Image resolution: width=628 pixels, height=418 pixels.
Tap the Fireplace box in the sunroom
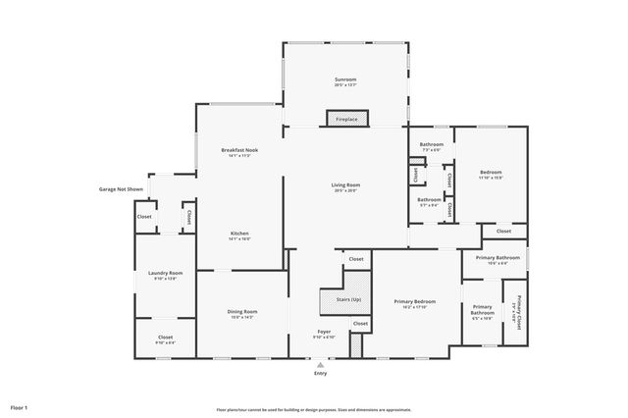pyautogui.click(x=346, y=119)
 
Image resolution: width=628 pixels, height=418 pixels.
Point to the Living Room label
pyautogui.click(x=345, y=185)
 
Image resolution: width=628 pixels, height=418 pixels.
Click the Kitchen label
pyautogui.click(x=239, y=234)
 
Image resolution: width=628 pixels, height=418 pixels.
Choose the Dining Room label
pyautogui.click(x=241, y=313)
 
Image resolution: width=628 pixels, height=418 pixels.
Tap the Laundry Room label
pyautogui.click(x=166, y=274)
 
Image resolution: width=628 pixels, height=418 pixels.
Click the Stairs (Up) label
pyautogui.click(x=348, y=299)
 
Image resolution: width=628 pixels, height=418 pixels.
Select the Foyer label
pyautogui.click(x=324, y=333)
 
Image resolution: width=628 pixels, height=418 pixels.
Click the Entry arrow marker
pyautogui.click(x=320, y=364)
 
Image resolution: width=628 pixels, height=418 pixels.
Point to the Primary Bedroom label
pyautogui.click(x=414, y=302)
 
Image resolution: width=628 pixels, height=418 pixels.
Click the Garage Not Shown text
pyautogui.click(x=122, y=189)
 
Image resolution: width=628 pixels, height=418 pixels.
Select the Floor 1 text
pyautogui.click(x=20, y=406)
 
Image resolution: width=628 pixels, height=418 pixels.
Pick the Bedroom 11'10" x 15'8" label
pyautogui.click(x=490, y=174)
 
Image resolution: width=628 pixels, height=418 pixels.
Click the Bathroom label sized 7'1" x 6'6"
pyautogui.click(x=432, y=146)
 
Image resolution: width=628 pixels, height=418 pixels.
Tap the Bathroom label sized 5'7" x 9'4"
pyautogui.click(x=429, y=201)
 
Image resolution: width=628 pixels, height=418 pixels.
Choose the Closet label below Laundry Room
pyautogui.click(x=165, y=339)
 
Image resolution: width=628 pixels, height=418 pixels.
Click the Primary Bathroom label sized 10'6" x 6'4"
pyautogui.click(x=497, y=259)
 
